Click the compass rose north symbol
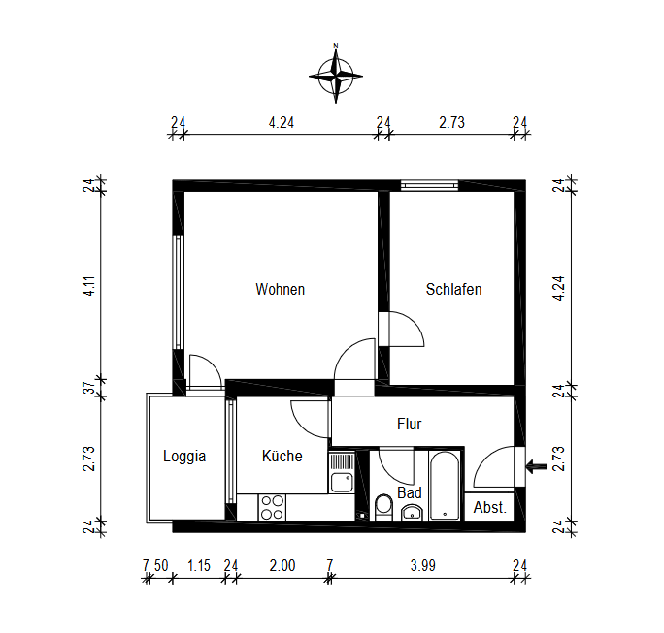(336, 76)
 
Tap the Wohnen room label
(281, 289)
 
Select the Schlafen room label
(453, 289)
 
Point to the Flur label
(409, 424)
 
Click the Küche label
(282, 456)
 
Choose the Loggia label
(184, 457)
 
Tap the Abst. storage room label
(489, 507)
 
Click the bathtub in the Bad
(445, 486)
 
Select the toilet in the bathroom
(384, 507)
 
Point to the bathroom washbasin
(412, 513)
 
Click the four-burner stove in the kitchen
(272, 507)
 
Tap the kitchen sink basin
(342, 483)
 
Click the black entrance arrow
(536, 467)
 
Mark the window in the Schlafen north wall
(429, 185)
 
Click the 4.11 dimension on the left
(89, 286)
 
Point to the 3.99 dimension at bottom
(422, 565)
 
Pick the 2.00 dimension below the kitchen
(282, 565)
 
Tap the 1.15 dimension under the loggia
(199, 565)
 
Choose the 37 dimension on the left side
(89, 388)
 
